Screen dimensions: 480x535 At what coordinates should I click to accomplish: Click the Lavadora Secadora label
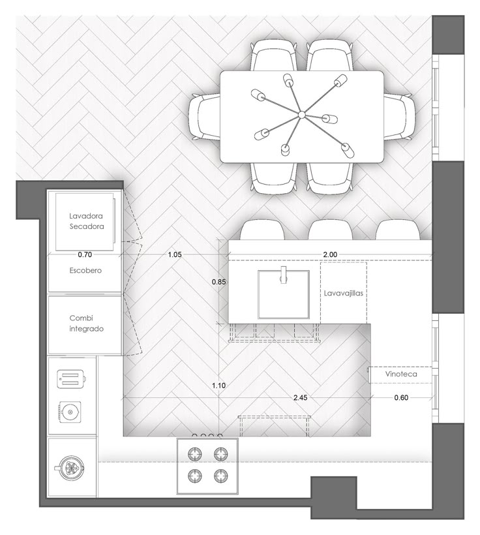tap(87, 221)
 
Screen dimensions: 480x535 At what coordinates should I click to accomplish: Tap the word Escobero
tap(85, 270)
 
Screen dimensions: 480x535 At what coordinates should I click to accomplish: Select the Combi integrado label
tap(86, 324)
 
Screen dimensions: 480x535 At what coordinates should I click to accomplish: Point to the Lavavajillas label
tap(344, 293)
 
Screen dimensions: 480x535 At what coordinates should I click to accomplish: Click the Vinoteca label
tap(401, 374)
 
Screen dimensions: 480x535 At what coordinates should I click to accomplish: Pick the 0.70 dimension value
tap(85, 254)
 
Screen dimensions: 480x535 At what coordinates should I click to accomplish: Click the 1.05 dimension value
tap(175, 254)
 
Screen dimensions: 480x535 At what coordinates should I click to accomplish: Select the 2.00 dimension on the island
tap(330, 254)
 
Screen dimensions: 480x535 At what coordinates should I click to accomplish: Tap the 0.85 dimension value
tap(218, 282)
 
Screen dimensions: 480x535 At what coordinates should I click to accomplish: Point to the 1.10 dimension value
tap(218, 386)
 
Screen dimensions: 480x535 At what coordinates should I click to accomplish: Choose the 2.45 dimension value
tap(300, 397)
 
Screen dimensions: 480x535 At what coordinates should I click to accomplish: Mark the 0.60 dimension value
tap(401, 397)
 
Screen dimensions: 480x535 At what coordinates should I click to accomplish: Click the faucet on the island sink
tap(284, 275)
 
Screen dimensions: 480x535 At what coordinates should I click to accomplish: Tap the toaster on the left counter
tap(71, 379)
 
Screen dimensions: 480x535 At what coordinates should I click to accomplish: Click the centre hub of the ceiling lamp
tap(301, 115)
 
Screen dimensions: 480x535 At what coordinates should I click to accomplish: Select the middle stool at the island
tap(330, 230)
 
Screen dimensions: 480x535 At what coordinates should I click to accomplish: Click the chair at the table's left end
tap(205, 117)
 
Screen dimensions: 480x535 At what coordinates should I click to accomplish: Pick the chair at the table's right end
tap(399, 116)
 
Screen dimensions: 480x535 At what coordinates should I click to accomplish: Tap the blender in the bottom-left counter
tap(70, 468)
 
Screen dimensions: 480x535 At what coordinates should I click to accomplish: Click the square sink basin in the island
tap(284, 294)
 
